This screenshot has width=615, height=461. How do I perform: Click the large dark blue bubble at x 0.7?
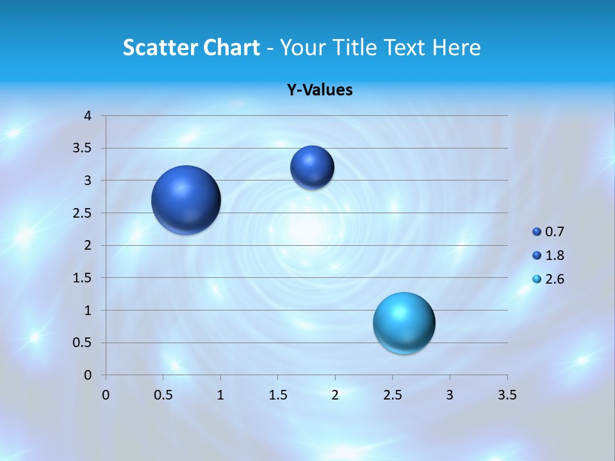(186, 200)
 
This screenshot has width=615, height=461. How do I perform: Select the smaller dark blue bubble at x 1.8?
(312, 167)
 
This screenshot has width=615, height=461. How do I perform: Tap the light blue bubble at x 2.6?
(404, 323)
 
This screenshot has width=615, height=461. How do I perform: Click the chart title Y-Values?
(319, 90)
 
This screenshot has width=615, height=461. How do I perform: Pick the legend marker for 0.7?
(537, 232)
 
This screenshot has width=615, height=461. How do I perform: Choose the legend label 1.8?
(555, 255)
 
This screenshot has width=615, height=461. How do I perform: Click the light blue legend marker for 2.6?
(537, 279)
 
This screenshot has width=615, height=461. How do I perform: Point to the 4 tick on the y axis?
(88, 116)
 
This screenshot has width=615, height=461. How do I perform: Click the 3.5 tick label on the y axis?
(83, 148)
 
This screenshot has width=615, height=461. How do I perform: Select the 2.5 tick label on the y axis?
(83, 213)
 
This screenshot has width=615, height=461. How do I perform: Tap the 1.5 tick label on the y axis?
(83, 278)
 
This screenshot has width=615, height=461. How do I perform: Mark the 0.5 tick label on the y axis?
(83, 343)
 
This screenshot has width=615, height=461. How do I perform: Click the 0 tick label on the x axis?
(106, 395)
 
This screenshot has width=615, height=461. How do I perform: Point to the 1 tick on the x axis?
(220, 395)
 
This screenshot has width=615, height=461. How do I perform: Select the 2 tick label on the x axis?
(335, 395)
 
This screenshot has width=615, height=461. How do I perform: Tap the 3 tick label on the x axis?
(450, 395)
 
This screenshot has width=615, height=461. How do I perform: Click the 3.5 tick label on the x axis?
(507, 395)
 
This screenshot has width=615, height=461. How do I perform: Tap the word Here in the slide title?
(457, 47)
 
